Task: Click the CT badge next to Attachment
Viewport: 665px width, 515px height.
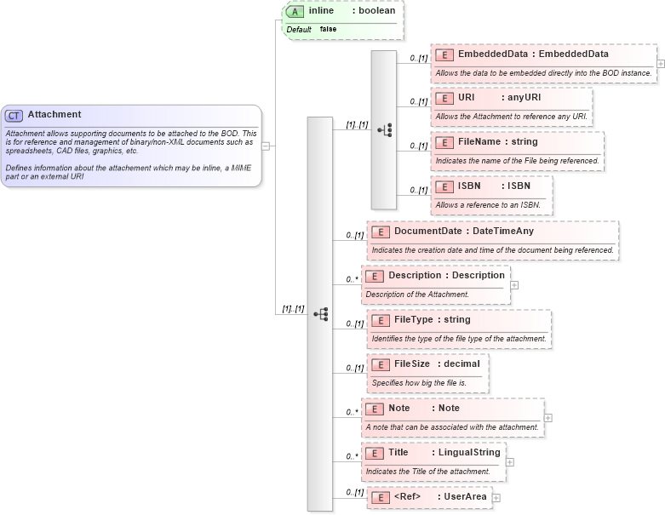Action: pos(14,115)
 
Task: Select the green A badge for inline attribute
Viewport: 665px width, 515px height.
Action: pos(295,11)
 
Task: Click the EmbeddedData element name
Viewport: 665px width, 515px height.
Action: pos(490,54)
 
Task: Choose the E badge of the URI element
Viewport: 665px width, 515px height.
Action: pos(444,98)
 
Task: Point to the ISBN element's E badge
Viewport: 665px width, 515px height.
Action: pos(444,186)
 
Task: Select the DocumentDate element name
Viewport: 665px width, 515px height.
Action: pos(427,232)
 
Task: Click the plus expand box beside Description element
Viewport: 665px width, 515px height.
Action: pos(513,285)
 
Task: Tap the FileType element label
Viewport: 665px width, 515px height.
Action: pos(413,320)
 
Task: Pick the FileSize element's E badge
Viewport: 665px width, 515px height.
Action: pos(380,364)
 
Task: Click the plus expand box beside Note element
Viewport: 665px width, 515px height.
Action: pos(547,418)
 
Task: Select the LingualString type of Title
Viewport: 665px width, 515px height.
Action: pos(469,453)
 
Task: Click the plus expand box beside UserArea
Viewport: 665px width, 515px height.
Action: pos(496,497)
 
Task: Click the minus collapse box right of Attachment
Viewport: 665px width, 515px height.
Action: pos(266,146)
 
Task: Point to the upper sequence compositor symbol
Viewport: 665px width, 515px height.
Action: pos(384,129)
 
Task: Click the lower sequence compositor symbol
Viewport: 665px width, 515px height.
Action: pos(320,313)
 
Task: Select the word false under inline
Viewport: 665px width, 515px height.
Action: pos(328,29)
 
